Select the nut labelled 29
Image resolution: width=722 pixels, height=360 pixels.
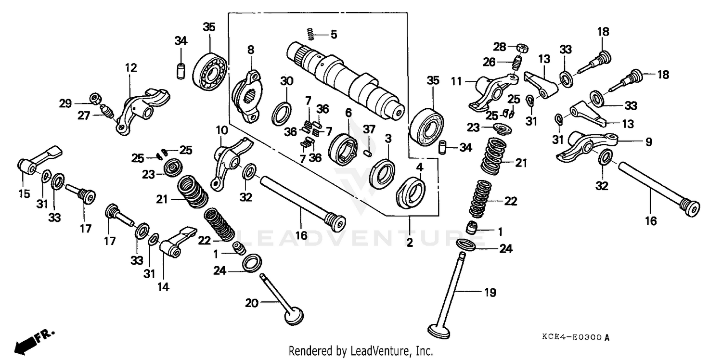[x=96, y=98]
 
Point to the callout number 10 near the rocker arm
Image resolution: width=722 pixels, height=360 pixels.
[x=221, y=130]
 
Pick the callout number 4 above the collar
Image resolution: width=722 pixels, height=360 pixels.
[x=419, y=167]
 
